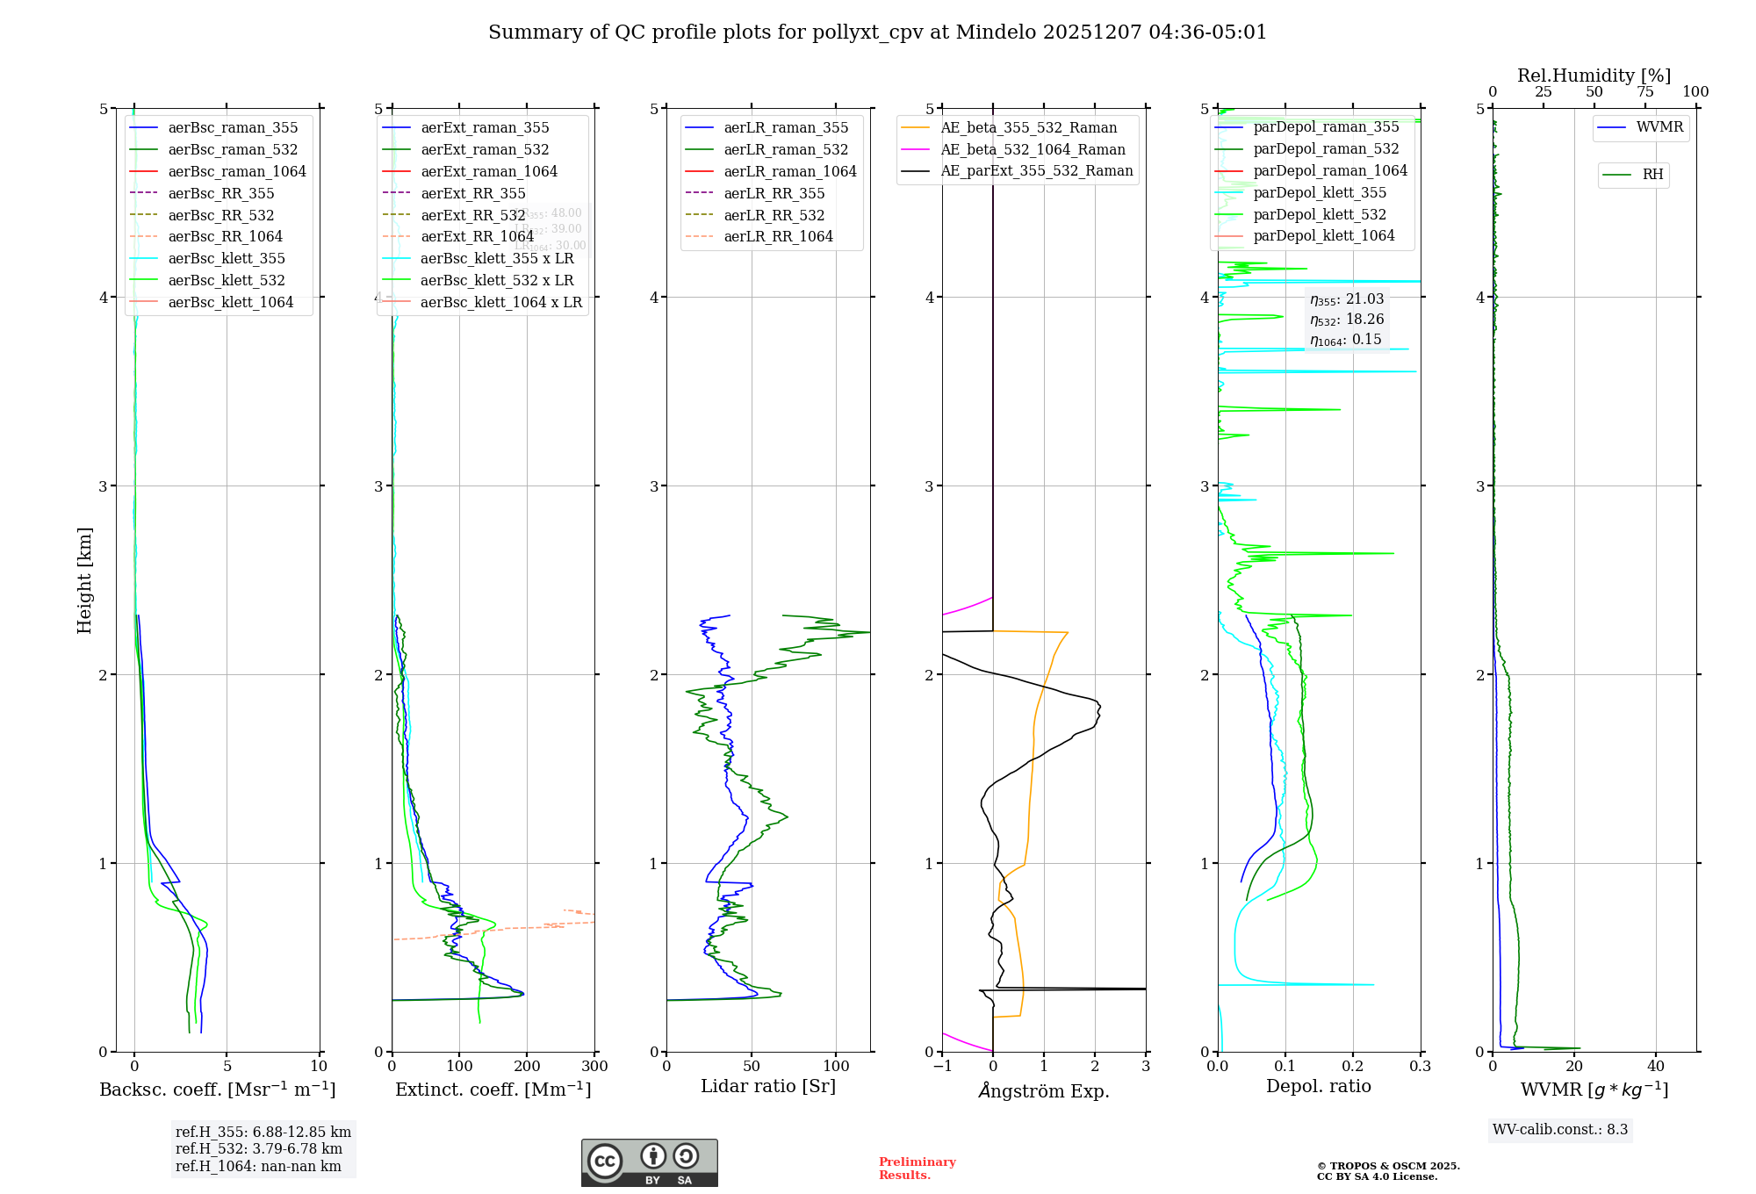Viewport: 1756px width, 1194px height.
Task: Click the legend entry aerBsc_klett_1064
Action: click(230, 302)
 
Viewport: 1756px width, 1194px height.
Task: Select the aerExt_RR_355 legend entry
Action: click(472, 193)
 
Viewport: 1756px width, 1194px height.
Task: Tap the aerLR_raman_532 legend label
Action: click(785, 149)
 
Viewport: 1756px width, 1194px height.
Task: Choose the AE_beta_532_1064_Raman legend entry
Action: click(1033, 149)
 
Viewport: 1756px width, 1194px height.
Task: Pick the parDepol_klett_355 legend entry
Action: click(1319, 192)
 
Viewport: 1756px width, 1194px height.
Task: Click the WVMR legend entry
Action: click(1659, 127)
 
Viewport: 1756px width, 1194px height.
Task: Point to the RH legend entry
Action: click(1652, 175)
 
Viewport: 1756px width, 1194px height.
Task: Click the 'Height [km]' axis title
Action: click(84, 580)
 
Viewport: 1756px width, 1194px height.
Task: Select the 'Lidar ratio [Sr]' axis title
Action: click(767, 1086)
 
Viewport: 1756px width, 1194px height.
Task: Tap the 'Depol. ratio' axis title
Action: click(1318, 1086)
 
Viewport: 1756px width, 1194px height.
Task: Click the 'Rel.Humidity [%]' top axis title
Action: click(1594, 76)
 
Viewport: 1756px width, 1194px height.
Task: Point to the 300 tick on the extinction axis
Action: click(594, 1067)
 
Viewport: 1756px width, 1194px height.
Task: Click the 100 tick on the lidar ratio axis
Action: click(836, 1067)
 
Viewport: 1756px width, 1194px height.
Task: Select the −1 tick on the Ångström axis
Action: click(942, 1067)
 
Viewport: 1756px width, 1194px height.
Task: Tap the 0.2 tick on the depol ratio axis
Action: click(1353, 1067)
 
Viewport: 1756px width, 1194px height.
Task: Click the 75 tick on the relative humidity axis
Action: click(1644, 92)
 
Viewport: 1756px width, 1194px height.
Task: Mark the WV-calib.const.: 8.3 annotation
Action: click(1559, 1130)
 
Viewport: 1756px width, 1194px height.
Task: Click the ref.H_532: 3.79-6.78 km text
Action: click(259, 1149)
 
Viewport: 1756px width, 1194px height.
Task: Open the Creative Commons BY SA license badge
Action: click(649, 1162)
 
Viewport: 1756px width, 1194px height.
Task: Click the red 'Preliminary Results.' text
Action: click(917, 1169)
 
